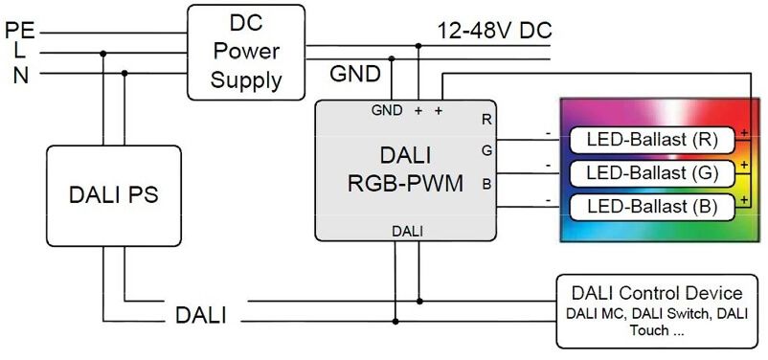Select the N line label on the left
(x=20, y=75)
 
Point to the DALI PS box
(x=113, y=195)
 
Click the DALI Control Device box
(x=656, y=310)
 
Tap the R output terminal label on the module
(x=486, y=120)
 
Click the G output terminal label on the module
(x=486, y=150)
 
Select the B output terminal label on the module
(x=486, y=182)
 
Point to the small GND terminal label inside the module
(x=387, y=110)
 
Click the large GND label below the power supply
(x=355, y=74)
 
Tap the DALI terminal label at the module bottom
(x=407, y=231)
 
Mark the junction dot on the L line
(x=103, y=54)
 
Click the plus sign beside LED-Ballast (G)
(x=742, y=165)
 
